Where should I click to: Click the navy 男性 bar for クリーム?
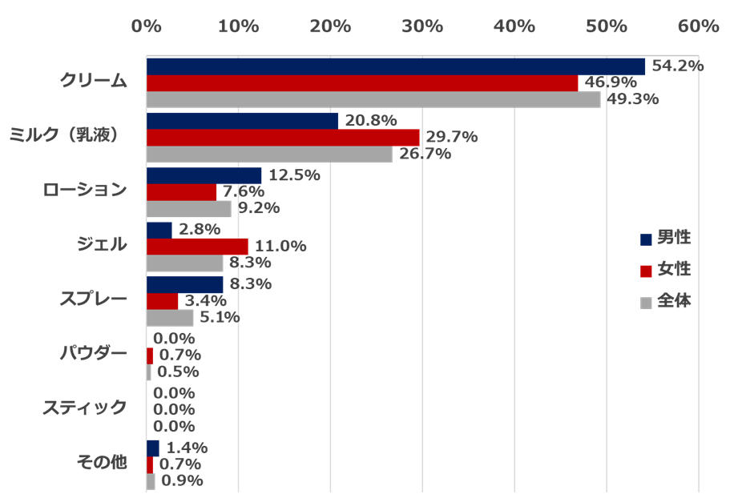pos(395,66)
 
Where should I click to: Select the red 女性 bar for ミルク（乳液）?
pos(283,137)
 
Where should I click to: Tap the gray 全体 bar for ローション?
pos(189,209)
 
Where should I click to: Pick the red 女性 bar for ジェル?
pos(197,246)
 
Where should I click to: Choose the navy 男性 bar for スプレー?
pos(185,284)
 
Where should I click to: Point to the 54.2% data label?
pos(677,66)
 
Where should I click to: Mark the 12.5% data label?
pos(294,175)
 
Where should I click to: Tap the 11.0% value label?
pos(280,246)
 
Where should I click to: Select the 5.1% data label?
pos(220,318)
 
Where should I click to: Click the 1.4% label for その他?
pos(187,447)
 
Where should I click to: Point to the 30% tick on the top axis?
pos(422,26)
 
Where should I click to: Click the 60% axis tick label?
pos(698,26)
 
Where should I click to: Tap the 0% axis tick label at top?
pos(147,26)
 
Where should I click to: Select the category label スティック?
pos(85,408)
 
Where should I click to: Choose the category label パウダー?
pos(95,353)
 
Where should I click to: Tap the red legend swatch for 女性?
pos(646,271)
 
